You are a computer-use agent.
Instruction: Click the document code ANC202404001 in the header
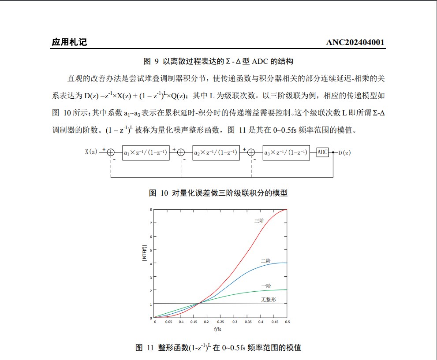355,42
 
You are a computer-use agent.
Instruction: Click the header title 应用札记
69,42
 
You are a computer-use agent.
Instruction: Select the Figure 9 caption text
218,61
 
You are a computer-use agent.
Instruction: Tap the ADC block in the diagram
323,152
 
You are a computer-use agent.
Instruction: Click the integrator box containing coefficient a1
146,152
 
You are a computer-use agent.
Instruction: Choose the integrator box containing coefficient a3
286,152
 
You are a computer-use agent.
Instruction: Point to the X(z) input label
91,152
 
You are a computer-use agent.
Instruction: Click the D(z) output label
344,153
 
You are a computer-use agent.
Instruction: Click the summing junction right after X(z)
111,152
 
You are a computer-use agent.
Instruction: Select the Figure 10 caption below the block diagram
218,193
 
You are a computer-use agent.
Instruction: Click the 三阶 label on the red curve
259,221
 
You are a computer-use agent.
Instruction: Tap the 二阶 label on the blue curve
265,261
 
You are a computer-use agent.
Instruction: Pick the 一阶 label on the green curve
266,286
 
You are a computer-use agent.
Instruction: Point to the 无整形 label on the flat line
268,299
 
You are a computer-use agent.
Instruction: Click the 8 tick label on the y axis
151,209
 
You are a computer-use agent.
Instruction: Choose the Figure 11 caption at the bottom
218,348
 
